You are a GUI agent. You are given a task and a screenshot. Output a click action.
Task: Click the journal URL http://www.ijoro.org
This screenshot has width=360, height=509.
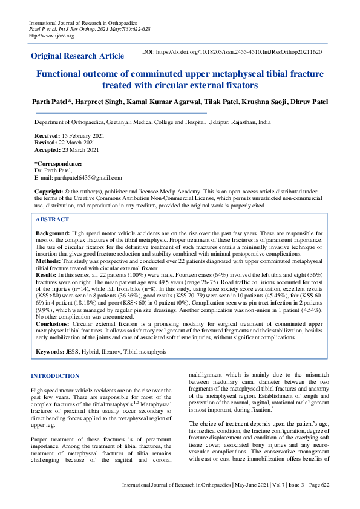click(51, 36)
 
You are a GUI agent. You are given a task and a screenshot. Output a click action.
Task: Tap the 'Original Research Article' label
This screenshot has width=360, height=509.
click(77, 56)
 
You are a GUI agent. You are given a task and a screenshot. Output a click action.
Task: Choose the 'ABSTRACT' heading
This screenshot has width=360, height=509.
click(52, 219)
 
